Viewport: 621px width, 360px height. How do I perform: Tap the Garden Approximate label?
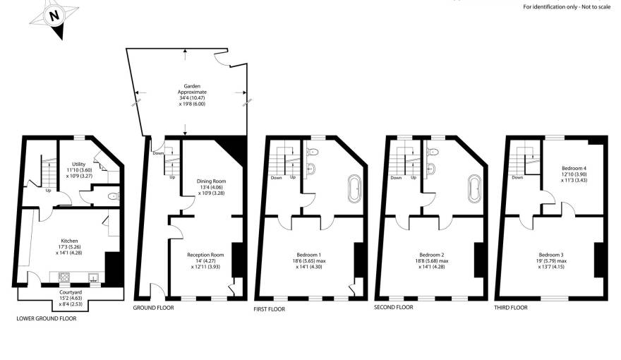pos(187,93)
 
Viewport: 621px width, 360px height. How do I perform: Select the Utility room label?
pos(79,169)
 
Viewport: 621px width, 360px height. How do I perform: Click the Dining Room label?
pos(210,186)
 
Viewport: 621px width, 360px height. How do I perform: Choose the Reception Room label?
pos(205,260)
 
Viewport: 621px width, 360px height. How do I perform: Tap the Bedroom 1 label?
pos(310,260)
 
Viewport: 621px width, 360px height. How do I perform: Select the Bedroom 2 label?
pos(431,260)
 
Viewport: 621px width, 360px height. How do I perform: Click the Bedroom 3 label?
pos(551,260)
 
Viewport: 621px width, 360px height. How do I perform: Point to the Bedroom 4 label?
pos(573,174)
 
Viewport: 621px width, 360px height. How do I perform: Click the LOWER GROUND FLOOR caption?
pos(46,319)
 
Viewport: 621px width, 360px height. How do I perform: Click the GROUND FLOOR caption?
pos(153,308)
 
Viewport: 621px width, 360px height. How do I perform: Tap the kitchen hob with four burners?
pos(64,277)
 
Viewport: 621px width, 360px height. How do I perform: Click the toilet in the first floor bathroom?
pos(313,151)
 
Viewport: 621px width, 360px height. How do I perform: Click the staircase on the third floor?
pos(522,159)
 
